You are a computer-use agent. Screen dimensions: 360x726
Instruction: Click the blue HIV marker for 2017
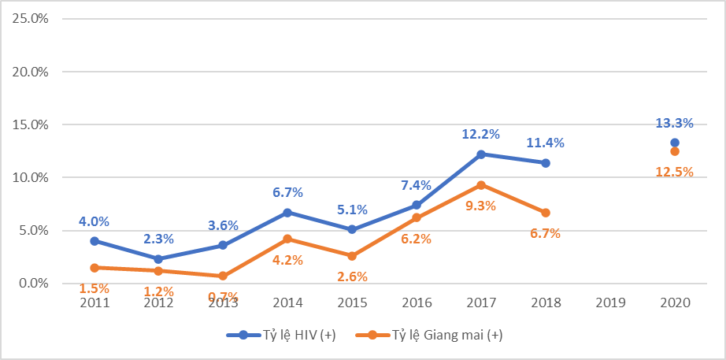pyautogui.click(x=481, y=154)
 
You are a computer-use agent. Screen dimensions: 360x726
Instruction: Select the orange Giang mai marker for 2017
pyautogui.click(x=481, y=185)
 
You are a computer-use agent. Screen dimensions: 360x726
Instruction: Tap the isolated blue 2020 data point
pyautogui.click(x=675, y=143)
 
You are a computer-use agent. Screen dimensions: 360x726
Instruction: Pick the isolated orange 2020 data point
pyautogui.click(x=675, y=151)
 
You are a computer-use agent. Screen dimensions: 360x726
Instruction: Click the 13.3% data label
pyautogui.click(x=674, y=123)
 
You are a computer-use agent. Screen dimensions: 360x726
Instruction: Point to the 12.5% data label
pyautogui.click(x=674, y=172)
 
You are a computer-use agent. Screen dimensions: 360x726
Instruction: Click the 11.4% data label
pyautogui.click(x=545, y=143)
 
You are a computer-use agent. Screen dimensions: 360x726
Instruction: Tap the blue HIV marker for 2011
pyautogui.click(x=94, y=241)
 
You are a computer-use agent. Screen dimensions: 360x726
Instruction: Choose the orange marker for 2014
pyautogui.click(x=287, y=239)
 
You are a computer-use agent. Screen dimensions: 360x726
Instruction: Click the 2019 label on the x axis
pyautogui.click(x=610, y=302)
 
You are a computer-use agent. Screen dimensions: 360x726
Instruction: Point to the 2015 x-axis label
pyautogui.click(x=352, y=302)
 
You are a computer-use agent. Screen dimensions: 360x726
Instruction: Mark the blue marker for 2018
pyautogui.click(x=546, y=163)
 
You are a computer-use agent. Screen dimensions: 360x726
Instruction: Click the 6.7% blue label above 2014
pyautogui.click(x=287, y=193)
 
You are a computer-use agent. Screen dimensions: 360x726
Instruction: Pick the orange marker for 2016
pyautogui.click(x=417, y=218)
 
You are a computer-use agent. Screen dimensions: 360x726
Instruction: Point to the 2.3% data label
pyautogui.click(x=159, y=239)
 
